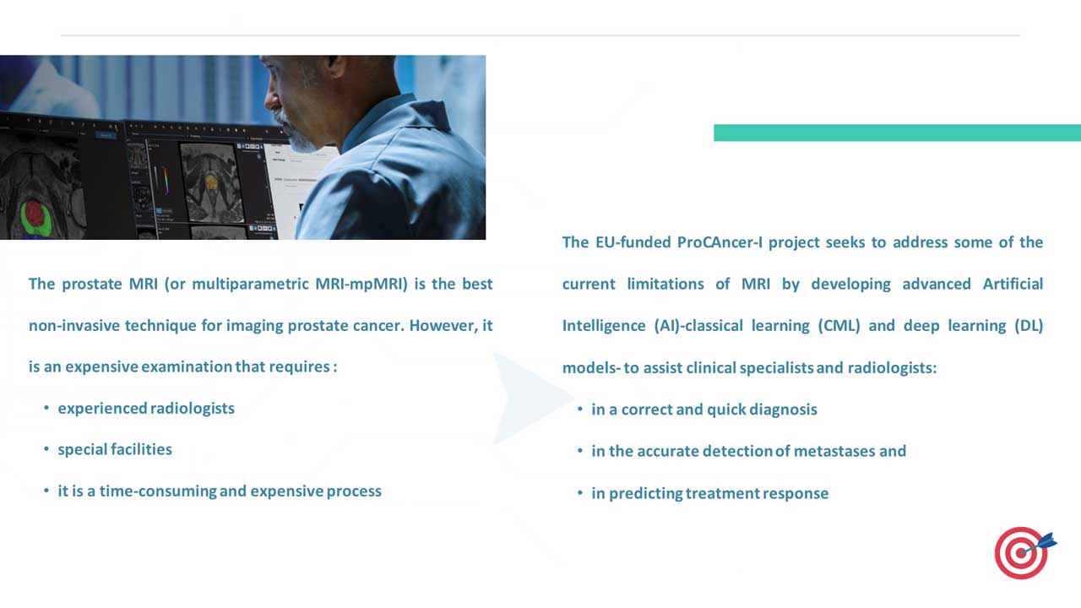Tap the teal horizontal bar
897,133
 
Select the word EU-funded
633,242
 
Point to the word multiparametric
251,285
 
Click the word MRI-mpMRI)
361,285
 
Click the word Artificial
1013,284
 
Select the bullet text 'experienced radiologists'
146,409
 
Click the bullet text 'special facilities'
115,450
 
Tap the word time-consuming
158,491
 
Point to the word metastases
834,451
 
